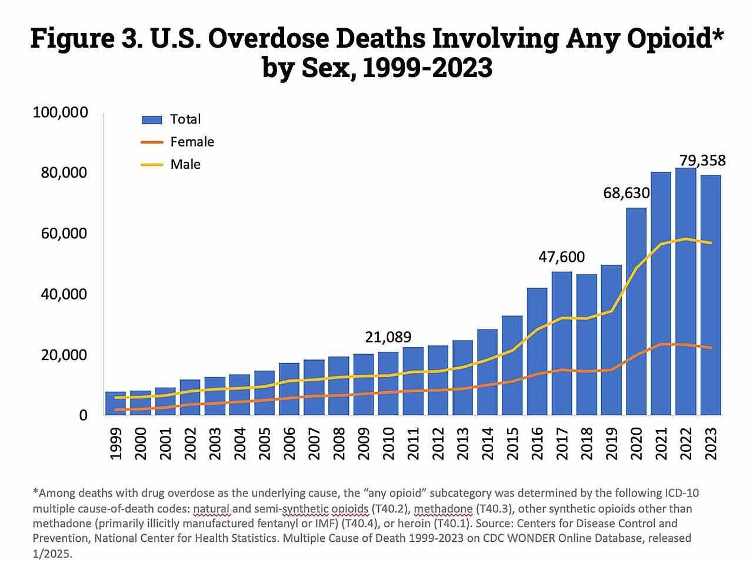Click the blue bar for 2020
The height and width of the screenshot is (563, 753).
pyautogui.click(x=636, y=311)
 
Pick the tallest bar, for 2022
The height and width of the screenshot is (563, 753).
pyautogui.click(x=685, y=291)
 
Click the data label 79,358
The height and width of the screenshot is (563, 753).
pyautogui.click(x=702, y=161)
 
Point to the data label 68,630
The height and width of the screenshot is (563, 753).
pyautogui.click(x=627, y=193)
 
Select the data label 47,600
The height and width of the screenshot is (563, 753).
pyautogui.click(x=562, y=257)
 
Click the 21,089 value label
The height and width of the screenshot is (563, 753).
pyautogui.click(x=388, y=337)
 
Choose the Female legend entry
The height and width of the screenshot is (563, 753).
pyautogui.click(x=192, y=142)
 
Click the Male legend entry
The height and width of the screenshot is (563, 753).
pyautogui.click(x=185, y=165)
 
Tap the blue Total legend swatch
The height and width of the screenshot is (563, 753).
pyautogui.click(x=152, y=120)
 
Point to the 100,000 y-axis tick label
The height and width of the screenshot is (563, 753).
pyautogui.click(x=61, y=112)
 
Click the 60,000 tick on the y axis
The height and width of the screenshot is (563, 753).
pyautogui.click(x=64, y=234)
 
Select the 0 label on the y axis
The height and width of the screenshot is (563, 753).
pyautogui.click(x=84, y=415)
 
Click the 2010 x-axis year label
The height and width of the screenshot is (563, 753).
pyautogui.click(x=388, y=443)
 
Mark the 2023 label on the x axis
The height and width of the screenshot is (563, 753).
pyautogui.click(x=711, y=443)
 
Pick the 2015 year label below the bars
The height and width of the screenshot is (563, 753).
pyautogui.click(x=512, y=443)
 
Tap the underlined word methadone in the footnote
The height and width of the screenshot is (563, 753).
pyautogui.click(x=444, y=509)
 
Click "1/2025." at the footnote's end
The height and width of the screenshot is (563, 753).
pyautogui.click(x=52, y=554)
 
